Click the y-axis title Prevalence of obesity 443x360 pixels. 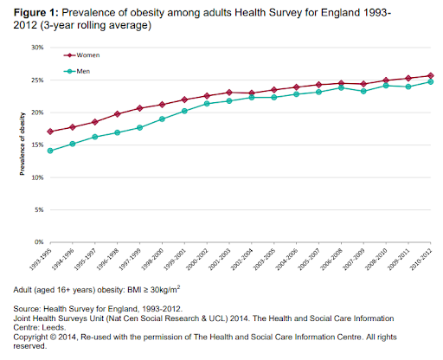[x=22, y=145]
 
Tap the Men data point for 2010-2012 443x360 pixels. [x=430, y=82]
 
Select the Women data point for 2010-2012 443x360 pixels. [x=430, y=75]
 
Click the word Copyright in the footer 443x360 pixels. [x=33, y=337]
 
